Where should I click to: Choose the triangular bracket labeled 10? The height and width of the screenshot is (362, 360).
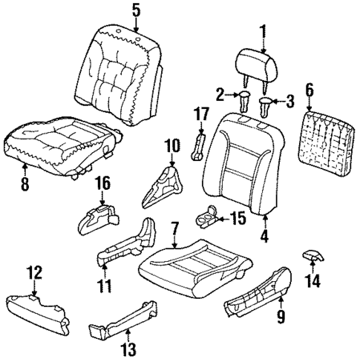(162, 184)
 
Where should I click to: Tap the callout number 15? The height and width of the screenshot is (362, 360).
(237, 218)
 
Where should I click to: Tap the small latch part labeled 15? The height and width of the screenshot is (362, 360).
(206, 218)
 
